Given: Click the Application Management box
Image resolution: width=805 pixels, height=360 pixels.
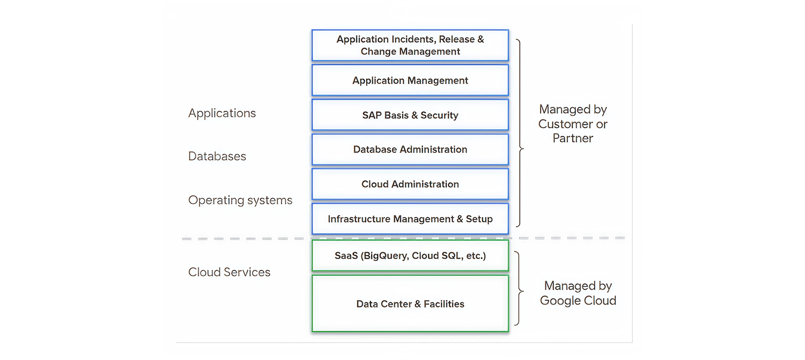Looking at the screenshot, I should click(410, 80).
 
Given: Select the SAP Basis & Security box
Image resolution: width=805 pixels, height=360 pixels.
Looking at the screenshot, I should click(410, 115).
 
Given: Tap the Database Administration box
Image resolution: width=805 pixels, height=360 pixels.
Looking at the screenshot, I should click(410, 149).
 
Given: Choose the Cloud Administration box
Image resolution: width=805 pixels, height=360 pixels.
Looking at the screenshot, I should click(410, 184).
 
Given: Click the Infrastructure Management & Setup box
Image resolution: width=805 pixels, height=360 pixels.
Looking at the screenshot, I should click(410, 219).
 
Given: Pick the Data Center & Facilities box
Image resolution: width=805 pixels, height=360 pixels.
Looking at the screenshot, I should click(410, 304).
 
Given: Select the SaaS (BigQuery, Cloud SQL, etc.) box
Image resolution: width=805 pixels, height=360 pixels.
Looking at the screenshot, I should click(410, 256).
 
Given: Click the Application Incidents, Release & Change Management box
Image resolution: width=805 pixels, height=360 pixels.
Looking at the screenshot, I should click(410, 46).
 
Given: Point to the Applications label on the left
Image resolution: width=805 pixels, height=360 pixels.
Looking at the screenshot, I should click(222, 113).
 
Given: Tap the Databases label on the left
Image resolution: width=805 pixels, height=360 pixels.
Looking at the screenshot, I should click(217, 157).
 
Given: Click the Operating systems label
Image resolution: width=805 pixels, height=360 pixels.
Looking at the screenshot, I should click(240, 200).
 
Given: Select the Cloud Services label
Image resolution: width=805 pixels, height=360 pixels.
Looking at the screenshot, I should click(229, 272).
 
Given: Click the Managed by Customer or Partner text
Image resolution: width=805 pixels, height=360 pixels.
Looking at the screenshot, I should click(573, 124).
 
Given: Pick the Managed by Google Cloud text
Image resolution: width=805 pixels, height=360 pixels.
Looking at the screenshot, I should click(578, 293).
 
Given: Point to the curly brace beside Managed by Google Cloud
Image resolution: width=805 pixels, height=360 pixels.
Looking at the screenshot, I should click(520, 289).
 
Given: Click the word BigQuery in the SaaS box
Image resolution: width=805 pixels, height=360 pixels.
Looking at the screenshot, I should click(382, 256).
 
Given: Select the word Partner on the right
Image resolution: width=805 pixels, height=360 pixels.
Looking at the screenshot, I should click(573, 138).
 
